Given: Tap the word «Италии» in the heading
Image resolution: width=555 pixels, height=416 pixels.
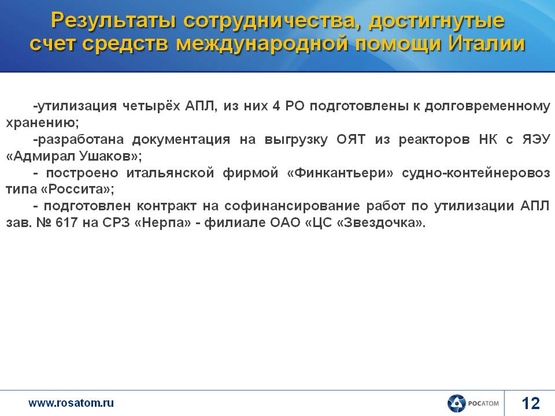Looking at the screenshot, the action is [486, 44].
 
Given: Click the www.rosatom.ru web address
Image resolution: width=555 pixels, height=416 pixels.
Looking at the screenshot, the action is [71, 403].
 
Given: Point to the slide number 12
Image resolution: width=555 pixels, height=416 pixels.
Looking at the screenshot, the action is [531, 403].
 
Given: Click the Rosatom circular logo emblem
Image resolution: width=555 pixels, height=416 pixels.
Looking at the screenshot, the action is [456, 404].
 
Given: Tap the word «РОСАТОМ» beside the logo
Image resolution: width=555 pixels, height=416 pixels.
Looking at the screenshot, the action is [483, 403].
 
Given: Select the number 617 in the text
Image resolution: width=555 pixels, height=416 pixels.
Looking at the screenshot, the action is [66, 222].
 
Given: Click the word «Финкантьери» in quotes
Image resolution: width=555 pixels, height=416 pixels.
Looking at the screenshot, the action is [340, 173].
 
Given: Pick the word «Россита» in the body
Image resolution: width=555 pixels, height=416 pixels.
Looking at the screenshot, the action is [76, 190].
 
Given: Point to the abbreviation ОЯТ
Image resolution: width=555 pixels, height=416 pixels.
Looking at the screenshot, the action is [351, 139].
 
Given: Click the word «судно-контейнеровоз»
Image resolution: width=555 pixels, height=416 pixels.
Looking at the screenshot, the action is [476, 173].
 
